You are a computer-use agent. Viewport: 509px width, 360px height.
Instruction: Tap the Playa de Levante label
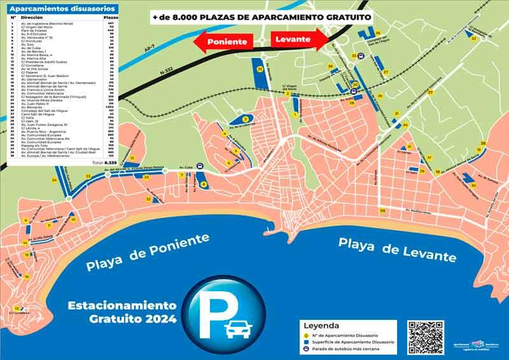(x=397, y=249)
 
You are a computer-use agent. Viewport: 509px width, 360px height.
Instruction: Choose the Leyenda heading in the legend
(x=326, y=326)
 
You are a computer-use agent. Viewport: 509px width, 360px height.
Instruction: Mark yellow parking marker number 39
(x=382, y=211)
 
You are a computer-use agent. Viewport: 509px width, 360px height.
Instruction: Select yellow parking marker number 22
(x=474, y=39)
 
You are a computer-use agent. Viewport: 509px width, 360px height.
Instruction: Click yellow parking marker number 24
(x=54, y=181)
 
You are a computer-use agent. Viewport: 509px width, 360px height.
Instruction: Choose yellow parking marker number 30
(x=473, y=185)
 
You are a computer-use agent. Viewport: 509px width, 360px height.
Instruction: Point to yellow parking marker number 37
(x=430, y=93)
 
